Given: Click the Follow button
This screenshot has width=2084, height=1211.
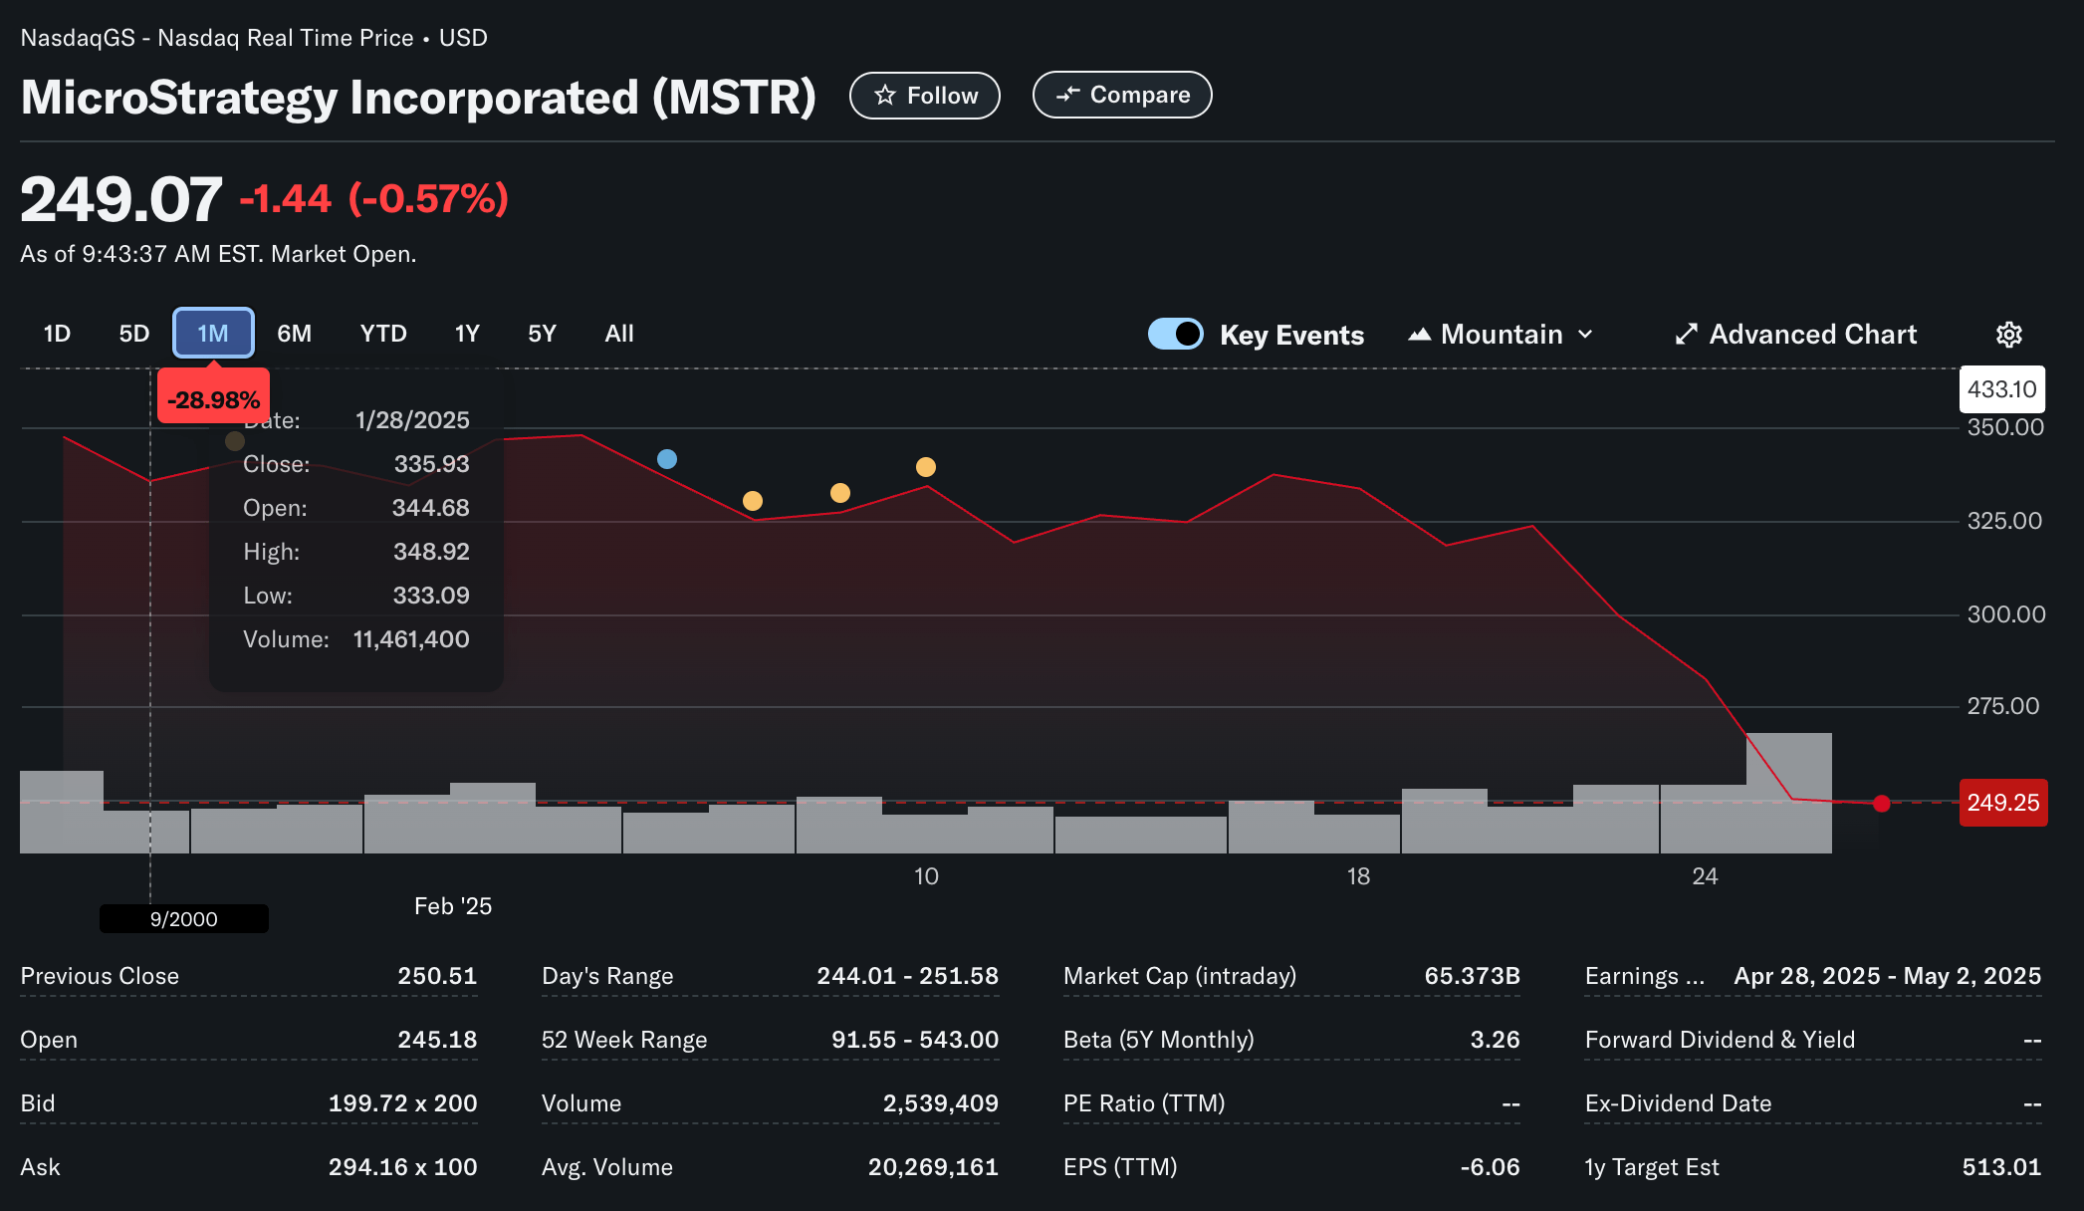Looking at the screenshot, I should [x=924, y=96].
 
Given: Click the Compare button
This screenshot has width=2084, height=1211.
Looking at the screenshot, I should [x=1122, y=95].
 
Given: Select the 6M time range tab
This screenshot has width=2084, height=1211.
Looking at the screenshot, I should [x=294, y=334].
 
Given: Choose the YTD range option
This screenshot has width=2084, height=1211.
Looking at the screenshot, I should [x=383, y=334].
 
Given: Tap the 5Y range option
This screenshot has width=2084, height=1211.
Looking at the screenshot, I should [x=542, y=334].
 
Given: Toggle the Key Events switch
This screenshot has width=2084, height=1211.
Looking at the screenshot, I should [x=1176, y=334].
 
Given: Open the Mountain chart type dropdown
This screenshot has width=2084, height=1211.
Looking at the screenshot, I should [x=1502, y=335].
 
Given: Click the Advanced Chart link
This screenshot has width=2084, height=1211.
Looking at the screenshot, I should [x=1796, y=335].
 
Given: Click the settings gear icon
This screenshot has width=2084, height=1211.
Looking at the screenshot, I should [x=2008, y=335].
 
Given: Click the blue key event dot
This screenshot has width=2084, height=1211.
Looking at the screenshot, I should [x=667, y=459].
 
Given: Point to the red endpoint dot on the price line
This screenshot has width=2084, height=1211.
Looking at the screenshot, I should [x=1881, y=804].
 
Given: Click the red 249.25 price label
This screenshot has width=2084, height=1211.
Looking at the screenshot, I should [x=2002, y=803].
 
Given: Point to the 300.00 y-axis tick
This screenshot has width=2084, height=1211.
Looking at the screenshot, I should [x=2005, y=614].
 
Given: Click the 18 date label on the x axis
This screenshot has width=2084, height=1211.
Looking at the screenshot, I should [x=1358, y=876].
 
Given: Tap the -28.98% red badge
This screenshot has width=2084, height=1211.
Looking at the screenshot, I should [x=213, y=399].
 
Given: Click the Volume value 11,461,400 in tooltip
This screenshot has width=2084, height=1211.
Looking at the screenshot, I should [x=411, y=639].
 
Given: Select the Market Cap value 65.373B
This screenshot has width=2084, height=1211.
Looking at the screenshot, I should [x=1472, y=976].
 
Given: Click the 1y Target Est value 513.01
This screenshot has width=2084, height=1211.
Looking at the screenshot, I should [x=2000, y=1167].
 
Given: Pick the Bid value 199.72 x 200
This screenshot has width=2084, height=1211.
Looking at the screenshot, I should [x=402, y=1103].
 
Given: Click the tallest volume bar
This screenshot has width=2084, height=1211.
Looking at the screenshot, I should [x=1788, y=793].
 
